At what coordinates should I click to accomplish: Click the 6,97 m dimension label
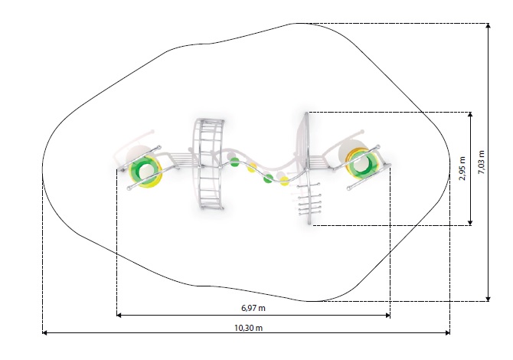[253, 308]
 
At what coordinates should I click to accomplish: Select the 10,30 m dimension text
[248, 328]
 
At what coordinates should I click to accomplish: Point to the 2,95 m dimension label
[462, 169]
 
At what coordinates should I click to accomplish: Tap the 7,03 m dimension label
[482, 162]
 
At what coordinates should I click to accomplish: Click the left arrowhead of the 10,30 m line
[45, 333]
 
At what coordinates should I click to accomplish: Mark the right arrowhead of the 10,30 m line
[447, 333]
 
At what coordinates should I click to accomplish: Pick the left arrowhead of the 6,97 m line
[119, 315]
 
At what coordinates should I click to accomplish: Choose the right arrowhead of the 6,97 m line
[387, 315]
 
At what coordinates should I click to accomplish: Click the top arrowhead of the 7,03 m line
[488, 26]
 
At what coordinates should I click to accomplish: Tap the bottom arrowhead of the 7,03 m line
[488, 299]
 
